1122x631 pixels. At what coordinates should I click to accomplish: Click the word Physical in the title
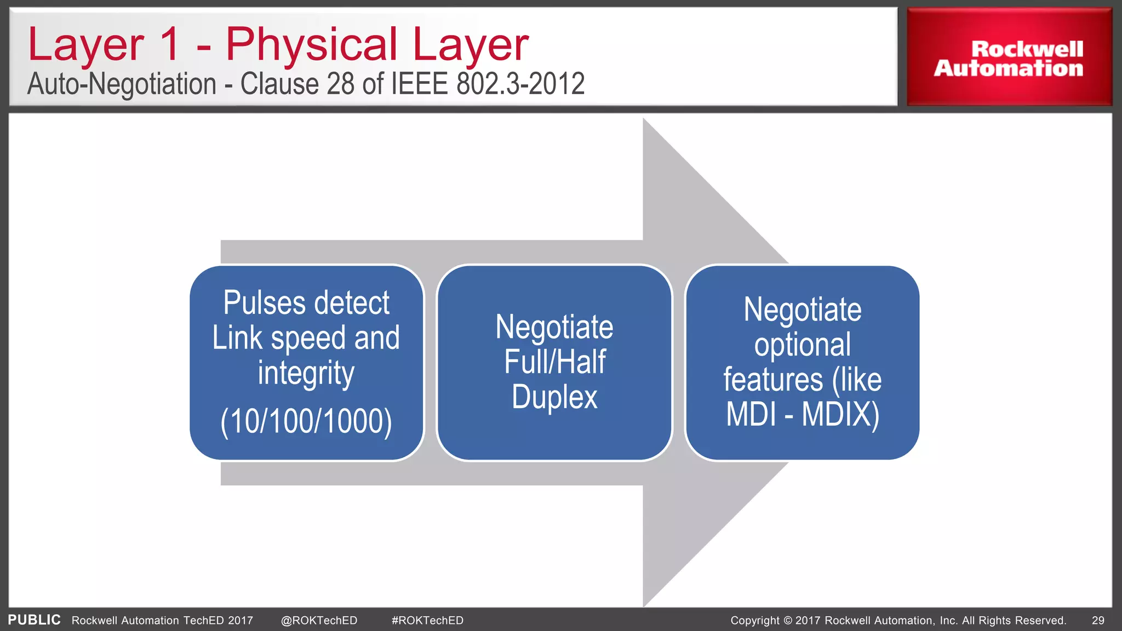[311, 45]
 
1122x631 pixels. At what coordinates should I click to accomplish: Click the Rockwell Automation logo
[1009, 58]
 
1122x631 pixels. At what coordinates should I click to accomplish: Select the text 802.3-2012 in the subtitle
[520, 84]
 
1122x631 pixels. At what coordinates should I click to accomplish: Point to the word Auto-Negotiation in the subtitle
[122, 84]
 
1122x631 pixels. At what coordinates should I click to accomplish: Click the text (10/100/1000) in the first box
[306, 421]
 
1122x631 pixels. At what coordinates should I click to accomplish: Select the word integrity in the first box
[306, 374]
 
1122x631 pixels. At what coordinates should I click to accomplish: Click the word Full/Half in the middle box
[554, 362]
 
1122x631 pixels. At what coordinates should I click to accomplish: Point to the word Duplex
[554, 397]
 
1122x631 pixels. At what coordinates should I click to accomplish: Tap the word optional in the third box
[802, 345]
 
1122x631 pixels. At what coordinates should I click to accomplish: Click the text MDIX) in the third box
[840, 414]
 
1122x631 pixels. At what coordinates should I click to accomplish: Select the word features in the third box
[772, 380]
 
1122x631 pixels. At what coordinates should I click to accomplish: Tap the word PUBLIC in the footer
[34, 620]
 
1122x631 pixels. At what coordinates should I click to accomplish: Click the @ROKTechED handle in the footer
[319, 621]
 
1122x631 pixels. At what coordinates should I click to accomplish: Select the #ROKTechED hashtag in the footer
[427, 621]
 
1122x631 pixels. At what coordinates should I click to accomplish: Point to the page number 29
[1098, 621]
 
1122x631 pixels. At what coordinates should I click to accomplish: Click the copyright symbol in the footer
[788, 621]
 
